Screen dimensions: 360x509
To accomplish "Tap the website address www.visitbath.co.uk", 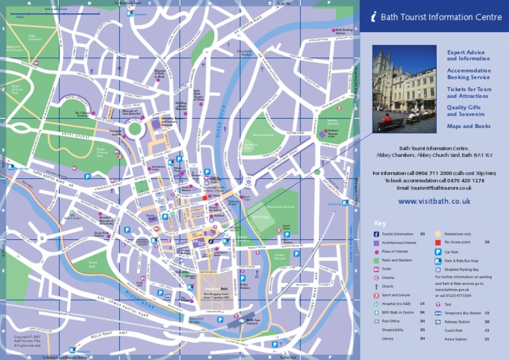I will coord(434,200).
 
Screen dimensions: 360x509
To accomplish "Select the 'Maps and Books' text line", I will coord(469,126).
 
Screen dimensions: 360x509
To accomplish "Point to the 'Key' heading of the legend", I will coord(380,223).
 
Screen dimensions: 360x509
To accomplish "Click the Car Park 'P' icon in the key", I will coord(438,253).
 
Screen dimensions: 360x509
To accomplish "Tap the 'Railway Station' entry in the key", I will coord(457,322).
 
